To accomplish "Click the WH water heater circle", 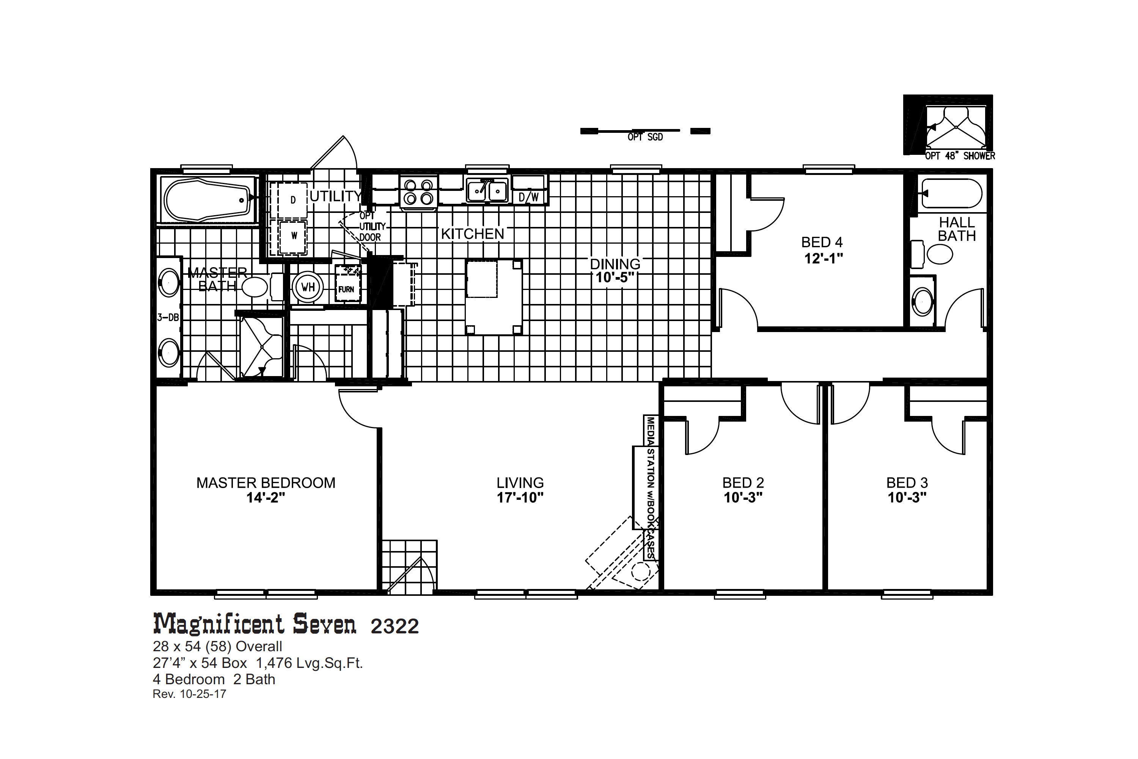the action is (x=308, y=287).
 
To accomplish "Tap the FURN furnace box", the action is (x=348, y=283).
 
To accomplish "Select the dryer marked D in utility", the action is (x=288, y=200).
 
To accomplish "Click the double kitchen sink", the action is (x=487, y=190).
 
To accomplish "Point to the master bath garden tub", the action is (x=208, y=200).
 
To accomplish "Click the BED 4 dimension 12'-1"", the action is (x=824, y=258).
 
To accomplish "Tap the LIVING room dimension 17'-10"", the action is (x=520, y=498).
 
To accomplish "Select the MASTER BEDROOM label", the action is (x=266, y=483).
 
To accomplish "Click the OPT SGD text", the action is (x=645, y=137).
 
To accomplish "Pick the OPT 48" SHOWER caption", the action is (x=960, y=156).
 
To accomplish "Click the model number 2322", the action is (x=395, y=627).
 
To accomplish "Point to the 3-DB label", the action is (x=168, y=318).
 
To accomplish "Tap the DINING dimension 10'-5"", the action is (x=615, y=278).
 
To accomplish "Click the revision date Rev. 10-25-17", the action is (x=189, y=694).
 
